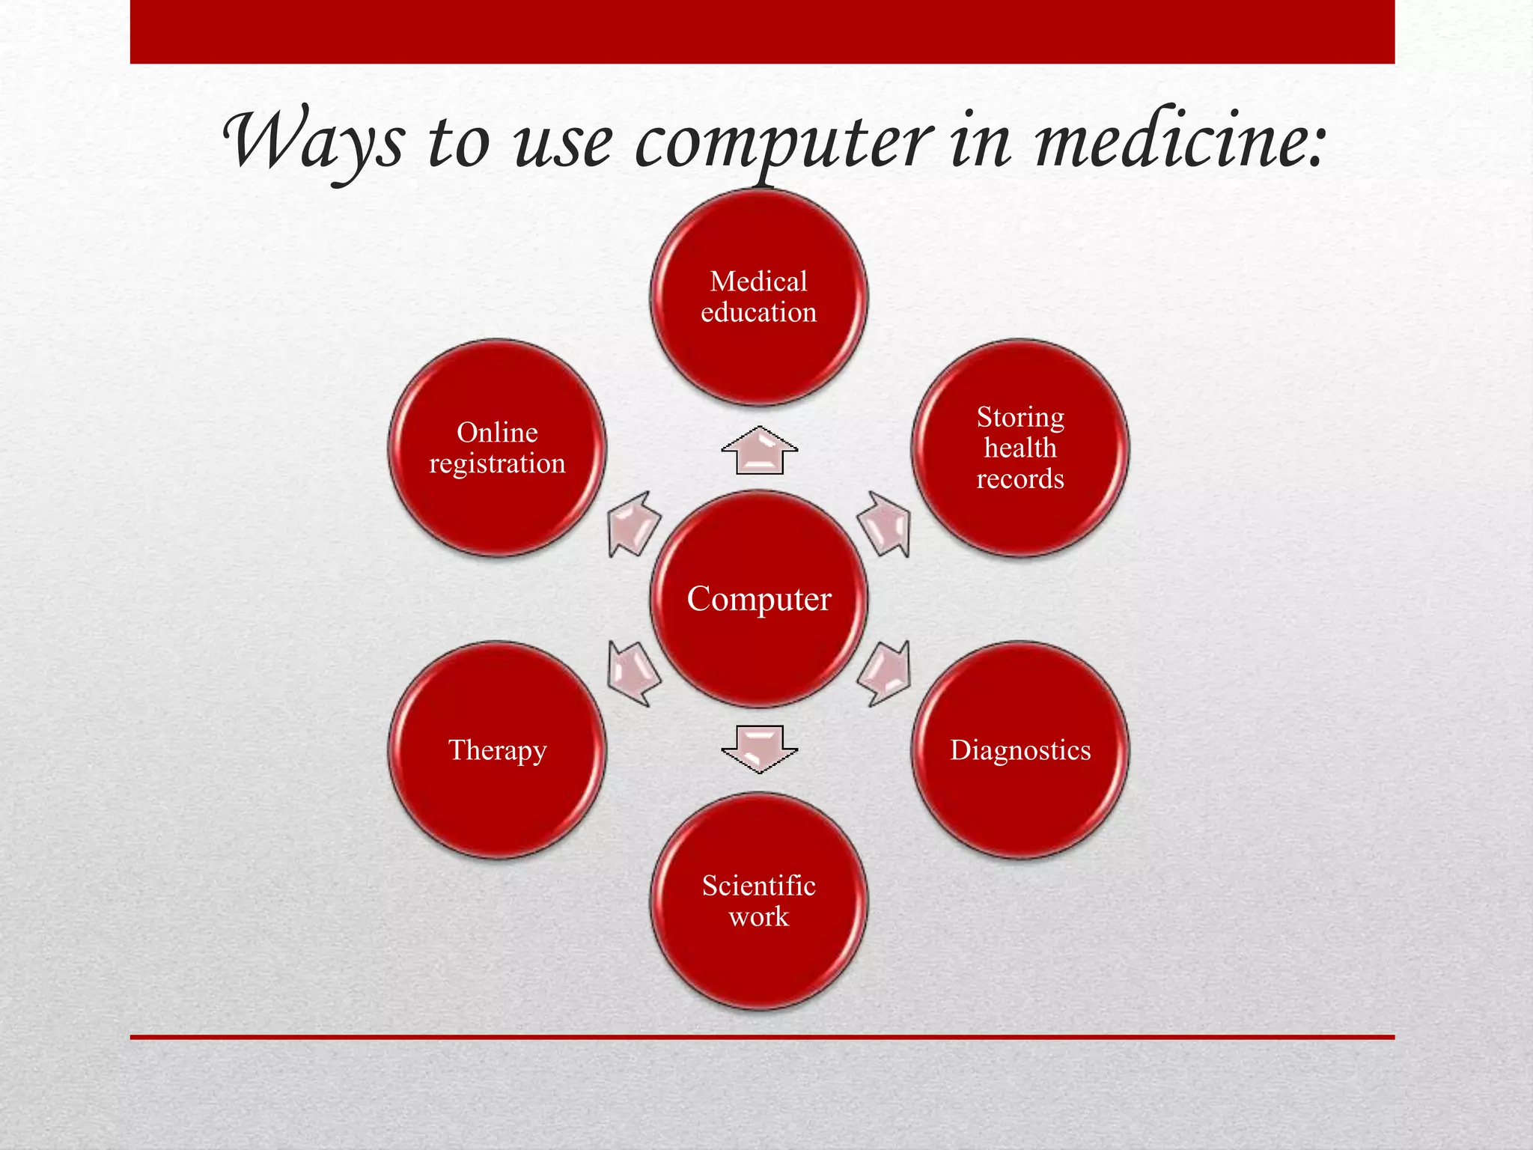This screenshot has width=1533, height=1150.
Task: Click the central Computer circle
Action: (759, 599)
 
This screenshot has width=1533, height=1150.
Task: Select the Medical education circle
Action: (759, 297)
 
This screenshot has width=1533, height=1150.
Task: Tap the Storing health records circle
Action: (1020, 448)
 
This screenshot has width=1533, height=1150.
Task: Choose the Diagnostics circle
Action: (1020, 749)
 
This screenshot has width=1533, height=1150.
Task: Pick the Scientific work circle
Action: (759, 901)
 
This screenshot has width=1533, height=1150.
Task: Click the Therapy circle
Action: (498, 749)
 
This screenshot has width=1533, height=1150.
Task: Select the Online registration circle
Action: (498, 448)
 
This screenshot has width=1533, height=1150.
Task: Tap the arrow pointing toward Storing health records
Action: (886, 524)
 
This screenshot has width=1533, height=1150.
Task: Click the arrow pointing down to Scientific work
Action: (759, 748)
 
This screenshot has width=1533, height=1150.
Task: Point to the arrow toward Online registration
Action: (633, 524)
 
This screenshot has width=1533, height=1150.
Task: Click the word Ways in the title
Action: (314, 142)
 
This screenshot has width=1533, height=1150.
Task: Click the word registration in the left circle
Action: (498, 464)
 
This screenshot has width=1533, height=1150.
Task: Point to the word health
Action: (1020, 448)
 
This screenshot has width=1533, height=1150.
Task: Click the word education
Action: (759, 312)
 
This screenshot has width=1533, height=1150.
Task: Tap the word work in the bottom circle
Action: (759, 917)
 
